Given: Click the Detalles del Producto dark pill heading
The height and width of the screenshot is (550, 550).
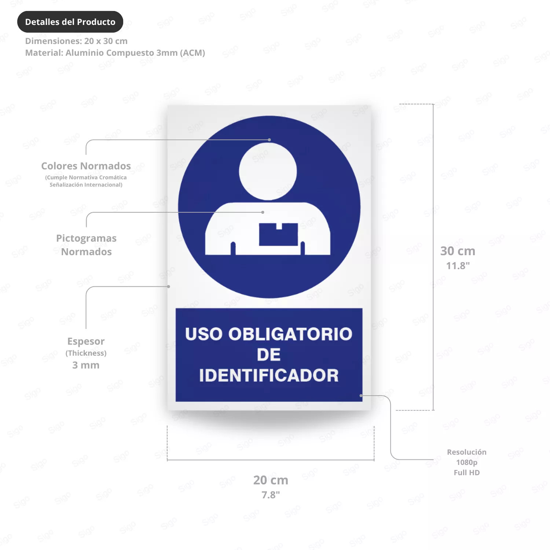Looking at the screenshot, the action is pyautogui.click(x=70, y=22).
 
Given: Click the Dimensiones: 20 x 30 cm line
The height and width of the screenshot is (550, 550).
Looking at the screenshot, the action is pyautogui.click(x=76, y=41).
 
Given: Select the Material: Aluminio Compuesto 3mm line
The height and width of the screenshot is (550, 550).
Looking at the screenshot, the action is pyautogui.click(x=115, y=53).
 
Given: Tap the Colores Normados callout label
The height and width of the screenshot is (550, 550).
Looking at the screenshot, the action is pyautogui.click(x=86, y=166).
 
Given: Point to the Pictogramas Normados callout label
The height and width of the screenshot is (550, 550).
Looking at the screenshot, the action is pyautogui.click(x=86, y=245).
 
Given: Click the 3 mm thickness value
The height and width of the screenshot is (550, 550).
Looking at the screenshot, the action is pyautogui.click(x=86, y=365).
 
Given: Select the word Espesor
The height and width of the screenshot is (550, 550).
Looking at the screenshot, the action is pyautogui.click(x=86, y=341).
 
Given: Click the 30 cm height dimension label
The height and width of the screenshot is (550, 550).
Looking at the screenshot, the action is pyautogui.click(x=458, y=251).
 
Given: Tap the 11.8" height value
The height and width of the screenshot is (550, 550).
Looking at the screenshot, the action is pyautogui.click(x=458, y=265).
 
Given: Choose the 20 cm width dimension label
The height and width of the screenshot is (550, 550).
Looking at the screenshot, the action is pyautogui.click(x=271, y=480).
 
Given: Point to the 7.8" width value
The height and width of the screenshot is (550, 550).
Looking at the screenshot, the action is pyautogui.click(x=271, y=495).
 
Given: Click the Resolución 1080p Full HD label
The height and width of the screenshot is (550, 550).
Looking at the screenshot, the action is pyautogui.click(x=467, y=462).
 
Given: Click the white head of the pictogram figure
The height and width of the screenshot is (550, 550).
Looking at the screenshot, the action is pyautogui.click(x=268, y=171).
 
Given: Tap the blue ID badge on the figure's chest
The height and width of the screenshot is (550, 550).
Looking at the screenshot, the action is pyautogui.click(x=279, y=234).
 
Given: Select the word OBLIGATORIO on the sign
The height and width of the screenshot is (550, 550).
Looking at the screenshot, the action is pyautogui.click(x=290, y=334).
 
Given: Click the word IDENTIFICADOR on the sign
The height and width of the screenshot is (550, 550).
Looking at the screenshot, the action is pyautogui.click(x=269, y=375).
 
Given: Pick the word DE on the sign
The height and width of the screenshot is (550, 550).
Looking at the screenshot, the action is pyautogui.click(x=269, y=355).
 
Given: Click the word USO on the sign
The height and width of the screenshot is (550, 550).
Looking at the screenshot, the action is pyautogui.click(x=204, y=334).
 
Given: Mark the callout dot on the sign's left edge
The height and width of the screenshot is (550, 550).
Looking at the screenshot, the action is pyautogui.click(x=169, y=286).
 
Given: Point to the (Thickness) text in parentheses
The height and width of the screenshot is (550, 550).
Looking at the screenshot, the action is pyautogui.click(x=86, y=353).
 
